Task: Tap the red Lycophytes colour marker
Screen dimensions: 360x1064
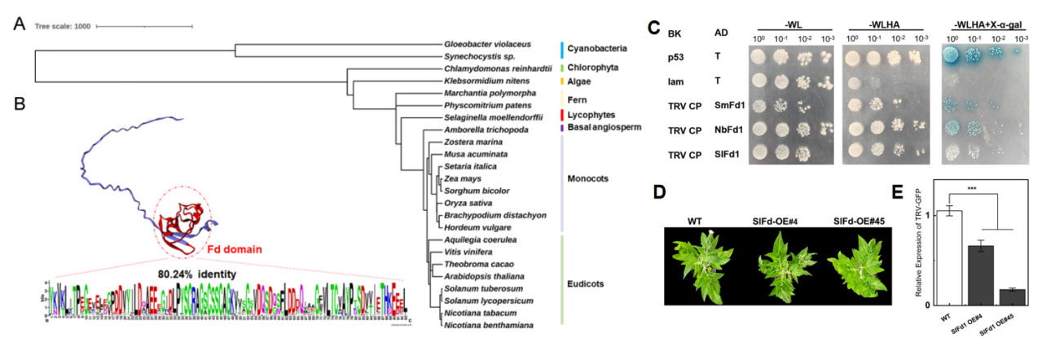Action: tap(561, 115)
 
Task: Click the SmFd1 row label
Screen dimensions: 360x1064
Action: tap(724, 104)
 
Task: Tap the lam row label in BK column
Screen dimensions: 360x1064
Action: tap(674, 81)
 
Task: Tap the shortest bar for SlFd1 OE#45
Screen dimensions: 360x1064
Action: tap(1010, 296)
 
